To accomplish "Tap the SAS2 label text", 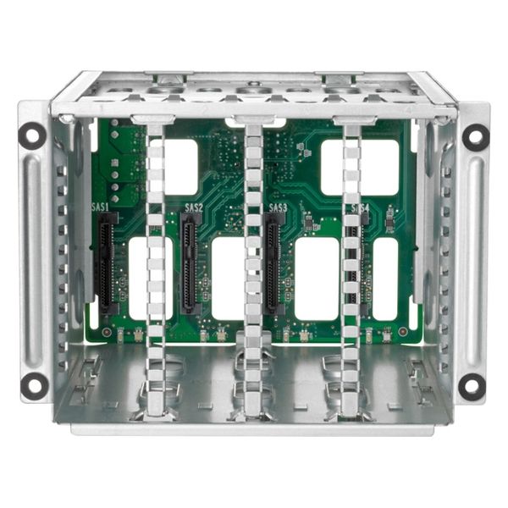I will point(193,207).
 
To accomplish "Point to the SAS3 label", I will point(278,207).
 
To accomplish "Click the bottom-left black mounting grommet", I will point(34,385).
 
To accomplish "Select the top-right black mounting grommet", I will point(475,135).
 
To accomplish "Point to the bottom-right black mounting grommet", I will point(472,385).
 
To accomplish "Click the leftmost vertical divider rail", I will point(155,271).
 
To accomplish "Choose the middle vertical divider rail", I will point(252,271).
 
